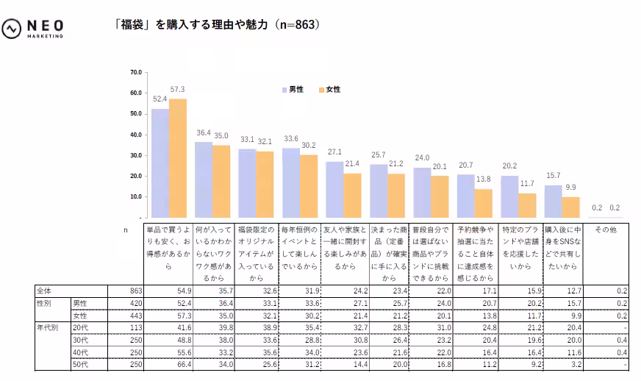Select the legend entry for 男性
point(293,90)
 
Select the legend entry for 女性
point(329,90)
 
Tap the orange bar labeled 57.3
point(178,158)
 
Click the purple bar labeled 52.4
point(160,163)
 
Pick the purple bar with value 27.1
point(334,190)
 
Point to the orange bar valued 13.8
point(483,204)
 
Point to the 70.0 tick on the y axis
point(135,72)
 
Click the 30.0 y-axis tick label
point(135,155)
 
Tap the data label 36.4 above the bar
point(204,133)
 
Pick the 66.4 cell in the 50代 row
point(183,363)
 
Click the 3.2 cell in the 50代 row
point(573,363)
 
